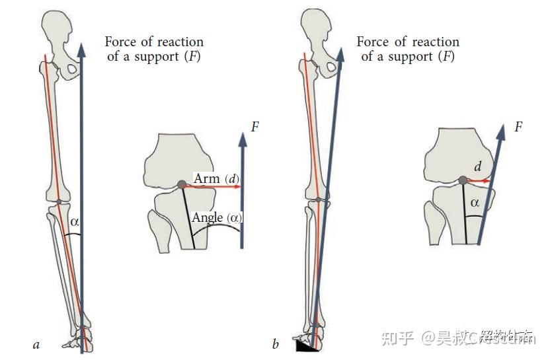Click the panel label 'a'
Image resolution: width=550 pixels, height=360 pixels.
36,344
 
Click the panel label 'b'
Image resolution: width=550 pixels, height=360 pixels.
275,344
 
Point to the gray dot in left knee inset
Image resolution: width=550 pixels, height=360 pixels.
182,186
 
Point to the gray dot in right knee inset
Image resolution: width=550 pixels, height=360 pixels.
462,180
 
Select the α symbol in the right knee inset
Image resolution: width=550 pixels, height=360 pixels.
475,203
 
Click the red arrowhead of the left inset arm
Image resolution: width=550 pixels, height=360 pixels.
237,186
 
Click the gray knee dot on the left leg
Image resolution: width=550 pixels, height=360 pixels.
58,201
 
